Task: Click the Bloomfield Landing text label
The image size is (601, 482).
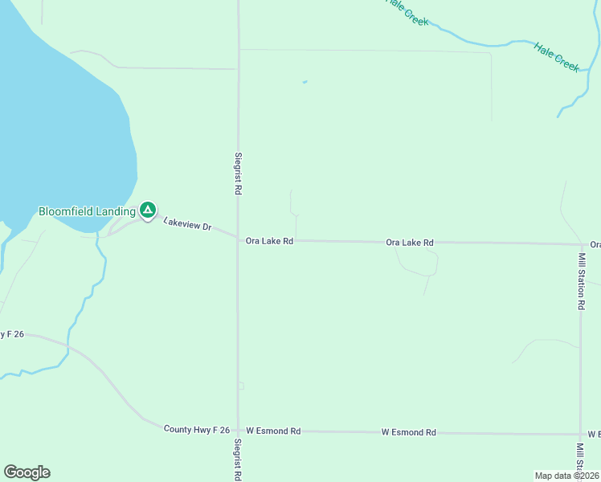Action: pos(86,211)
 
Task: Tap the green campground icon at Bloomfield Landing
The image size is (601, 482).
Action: pos(148,210)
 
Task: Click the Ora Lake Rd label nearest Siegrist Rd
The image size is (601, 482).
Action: pos(269,240)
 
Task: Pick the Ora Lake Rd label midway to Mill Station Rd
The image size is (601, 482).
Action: pos(410,242)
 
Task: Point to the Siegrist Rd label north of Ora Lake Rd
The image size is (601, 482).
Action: pos(239,175)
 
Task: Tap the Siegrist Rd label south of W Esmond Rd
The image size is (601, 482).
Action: pos(238,460)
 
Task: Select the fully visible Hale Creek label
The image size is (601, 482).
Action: pos(557,57)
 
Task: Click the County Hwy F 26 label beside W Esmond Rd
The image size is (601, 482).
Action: pos(197,430)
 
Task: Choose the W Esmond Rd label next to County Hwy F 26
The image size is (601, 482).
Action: pos(273,431)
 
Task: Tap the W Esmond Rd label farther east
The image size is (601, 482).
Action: pos(408,432)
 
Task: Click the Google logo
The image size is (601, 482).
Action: pos(27,472)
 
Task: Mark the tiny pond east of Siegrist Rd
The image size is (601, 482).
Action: pos(305,81)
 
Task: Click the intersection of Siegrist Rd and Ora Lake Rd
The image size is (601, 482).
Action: pos(238,239)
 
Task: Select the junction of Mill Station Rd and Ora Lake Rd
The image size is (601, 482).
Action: pos(581,244)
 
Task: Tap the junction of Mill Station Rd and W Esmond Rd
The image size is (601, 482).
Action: pos(580,434)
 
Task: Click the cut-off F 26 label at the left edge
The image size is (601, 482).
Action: pos(11,334)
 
